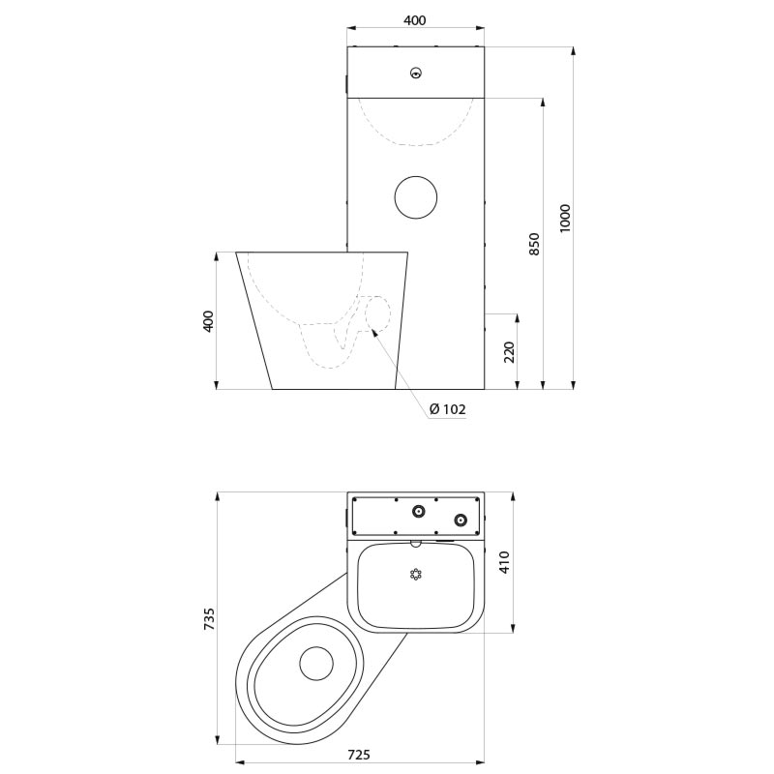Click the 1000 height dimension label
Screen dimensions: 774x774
click(x=565, y=218)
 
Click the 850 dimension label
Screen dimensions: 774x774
click(x=535, y=244)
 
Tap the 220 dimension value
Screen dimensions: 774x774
click(x=509, y=352)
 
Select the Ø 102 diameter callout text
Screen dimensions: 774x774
click(x=448, y=408)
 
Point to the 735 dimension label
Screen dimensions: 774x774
click(x=209, y=618)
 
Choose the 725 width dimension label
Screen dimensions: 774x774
click(x=359, y=755)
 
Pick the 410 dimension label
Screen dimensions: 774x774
click(x=504, y=562)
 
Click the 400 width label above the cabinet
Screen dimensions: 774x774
click(x=415, y=20)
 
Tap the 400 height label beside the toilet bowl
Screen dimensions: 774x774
click(x=209, y=321)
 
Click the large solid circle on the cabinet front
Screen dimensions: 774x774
click(x=416, y=197)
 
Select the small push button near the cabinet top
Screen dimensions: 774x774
click(x=417, y=74)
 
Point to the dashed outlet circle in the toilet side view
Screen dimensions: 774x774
click(x=378, y=313)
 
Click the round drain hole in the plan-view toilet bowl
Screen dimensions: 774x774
click(x=316, y=663)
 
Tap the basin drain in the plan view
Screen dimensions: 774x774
click(x=416, y=575)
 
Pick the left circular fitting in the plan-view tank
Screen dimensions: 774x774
click(x=419, y=512)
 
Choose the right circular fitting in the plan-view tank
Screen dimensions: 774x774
click(x=461, y=520)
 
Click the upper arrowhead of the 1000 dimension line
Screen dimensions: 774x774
click(x=573, y=51)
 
